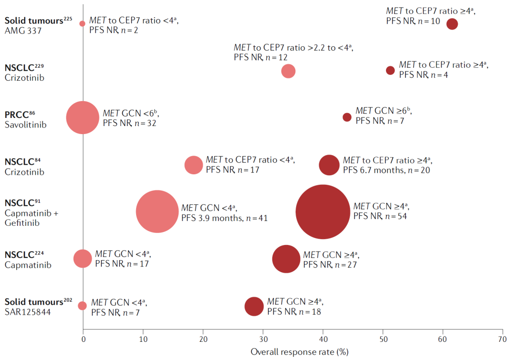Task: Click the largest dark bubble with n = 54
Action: point(323,212)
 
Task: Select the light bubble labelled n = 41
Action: point(157,212)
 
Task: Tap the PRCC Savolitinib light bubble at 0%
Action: point(83,117)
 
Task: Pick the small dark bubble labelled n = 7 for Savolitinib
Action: point(347,117)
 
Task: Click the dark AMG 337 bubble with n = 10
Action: point(452,24)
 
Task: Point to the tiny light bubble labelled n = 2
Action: point(82,23)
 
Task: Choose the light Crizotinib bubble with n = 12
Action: point(288,71)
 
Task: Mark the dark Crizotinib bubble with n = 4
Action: point(390,70)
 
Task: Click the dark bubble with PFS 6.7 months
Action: point(329,165)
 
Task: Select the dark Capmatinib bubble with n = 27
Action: point(286,259)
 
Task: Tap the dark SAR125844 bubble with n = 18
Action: point(254,307)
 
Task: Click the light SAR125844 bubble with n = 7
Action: point(82,306)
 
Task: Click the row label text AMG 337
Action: point(21,31)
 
